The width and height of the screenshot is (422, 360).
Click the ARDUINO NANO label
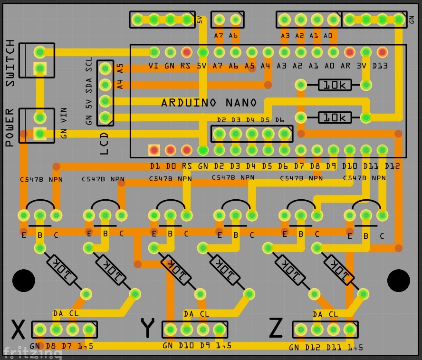(x=209, y=103)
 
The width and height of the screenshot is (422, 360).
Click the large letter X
(x=18, y=329)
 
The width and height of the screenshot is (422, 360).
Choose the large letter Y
(x=148, y=328)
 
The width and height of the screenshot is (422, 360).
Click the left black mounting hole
(x=23, y=281)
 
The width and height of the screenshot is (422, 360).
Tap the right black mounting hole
(x=398, y=281)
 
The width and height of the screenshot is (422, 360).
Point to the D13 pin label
(x=380, y=66)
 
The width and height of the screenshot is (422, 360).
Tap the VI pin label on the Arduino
(x=153, y=66)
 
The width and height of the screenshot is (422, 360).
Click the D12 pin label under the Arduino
(x=393, y=166)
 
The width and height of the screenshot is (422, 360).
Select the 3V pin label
(x=363, y=66)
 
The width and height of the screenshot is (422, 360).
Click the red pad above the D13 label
(x=382, y=52)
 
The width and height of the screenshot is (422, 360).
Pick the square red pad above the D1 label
(x=154, y=150)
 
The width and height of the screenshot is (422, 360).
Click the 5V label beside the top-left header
(x=200, y=19)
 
